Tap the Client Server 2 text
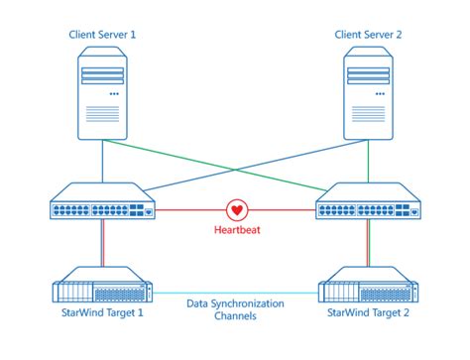tap(368, 34)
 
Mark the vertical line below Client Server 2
tap(367, 159)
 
